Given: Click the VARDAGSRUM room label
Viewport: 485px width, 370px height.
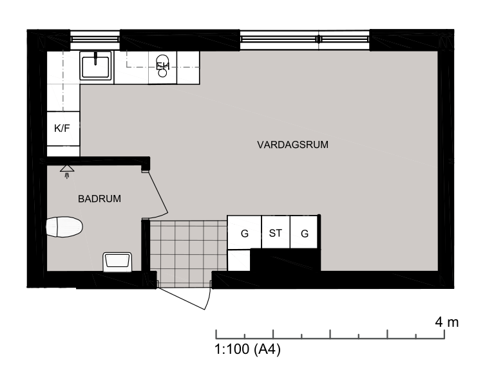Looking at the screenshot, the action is click(292, 145).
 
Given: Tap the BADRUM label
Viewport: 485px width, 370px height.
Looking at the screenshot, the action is click(99, 199).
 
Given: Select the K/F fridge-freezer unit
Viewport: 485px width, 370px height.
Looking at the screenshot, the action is click(63, 128).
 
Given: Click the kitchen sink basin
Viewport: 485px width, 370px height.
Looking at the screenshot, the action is click(95, 66).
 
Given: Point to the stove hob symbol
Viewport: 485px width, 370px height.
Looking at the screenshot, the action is click(162, 66).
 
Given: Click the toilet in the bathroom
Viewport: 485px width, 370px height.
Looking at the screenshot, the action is click(64, 227).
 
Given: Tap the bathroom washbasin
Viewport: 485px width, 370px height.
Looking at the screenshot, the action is click(117, 262).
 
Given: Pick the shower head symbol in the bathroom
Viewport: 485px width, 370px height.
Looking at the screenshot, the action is click(67, 172).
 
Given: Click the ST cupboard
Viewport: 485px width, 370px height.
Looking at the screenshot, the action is click(276, 232).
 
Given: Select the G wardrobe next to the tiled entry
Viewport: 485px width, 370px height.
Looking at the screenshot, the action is click(244, 232).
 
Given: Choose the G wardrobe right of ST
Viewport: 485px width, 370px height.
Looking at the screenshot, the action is click(304, 232).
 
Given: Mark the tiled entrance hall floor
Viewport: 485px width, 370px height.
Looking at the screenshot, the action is click(188, 254).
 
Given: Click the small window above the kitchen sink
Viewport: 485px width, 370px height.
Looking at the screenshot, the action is click(95, 39).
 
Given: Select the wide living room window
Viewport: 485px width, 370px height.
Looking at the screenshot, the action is click(305, 39).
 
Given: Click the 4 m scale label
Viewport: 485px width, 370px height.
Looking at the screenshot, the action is click(446, 322).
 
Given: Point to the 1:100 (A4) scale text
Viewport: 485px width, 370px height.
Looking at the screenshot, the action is click(247, 349).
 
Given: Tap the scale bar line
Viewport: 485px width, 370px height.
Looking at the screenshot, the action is click(330, 338).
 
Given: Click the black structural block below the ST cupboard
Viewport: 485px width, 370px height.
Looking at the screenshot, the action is click(285, 260).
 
